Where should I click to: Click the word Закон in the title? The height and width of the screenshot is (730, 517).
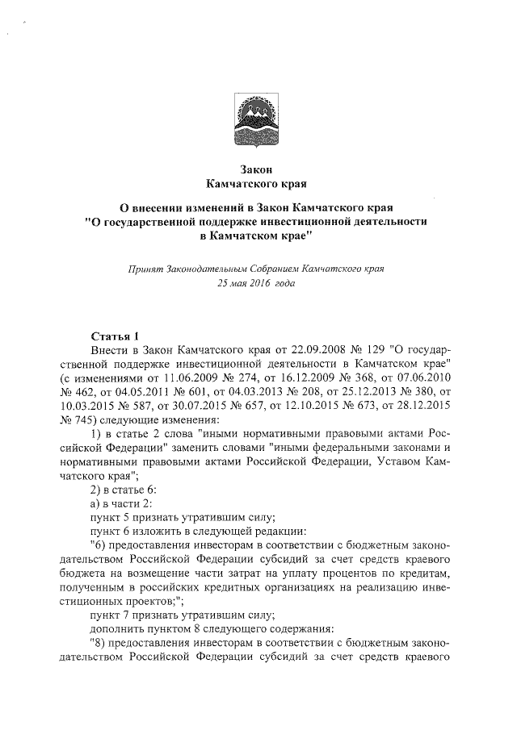(258, 169)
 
